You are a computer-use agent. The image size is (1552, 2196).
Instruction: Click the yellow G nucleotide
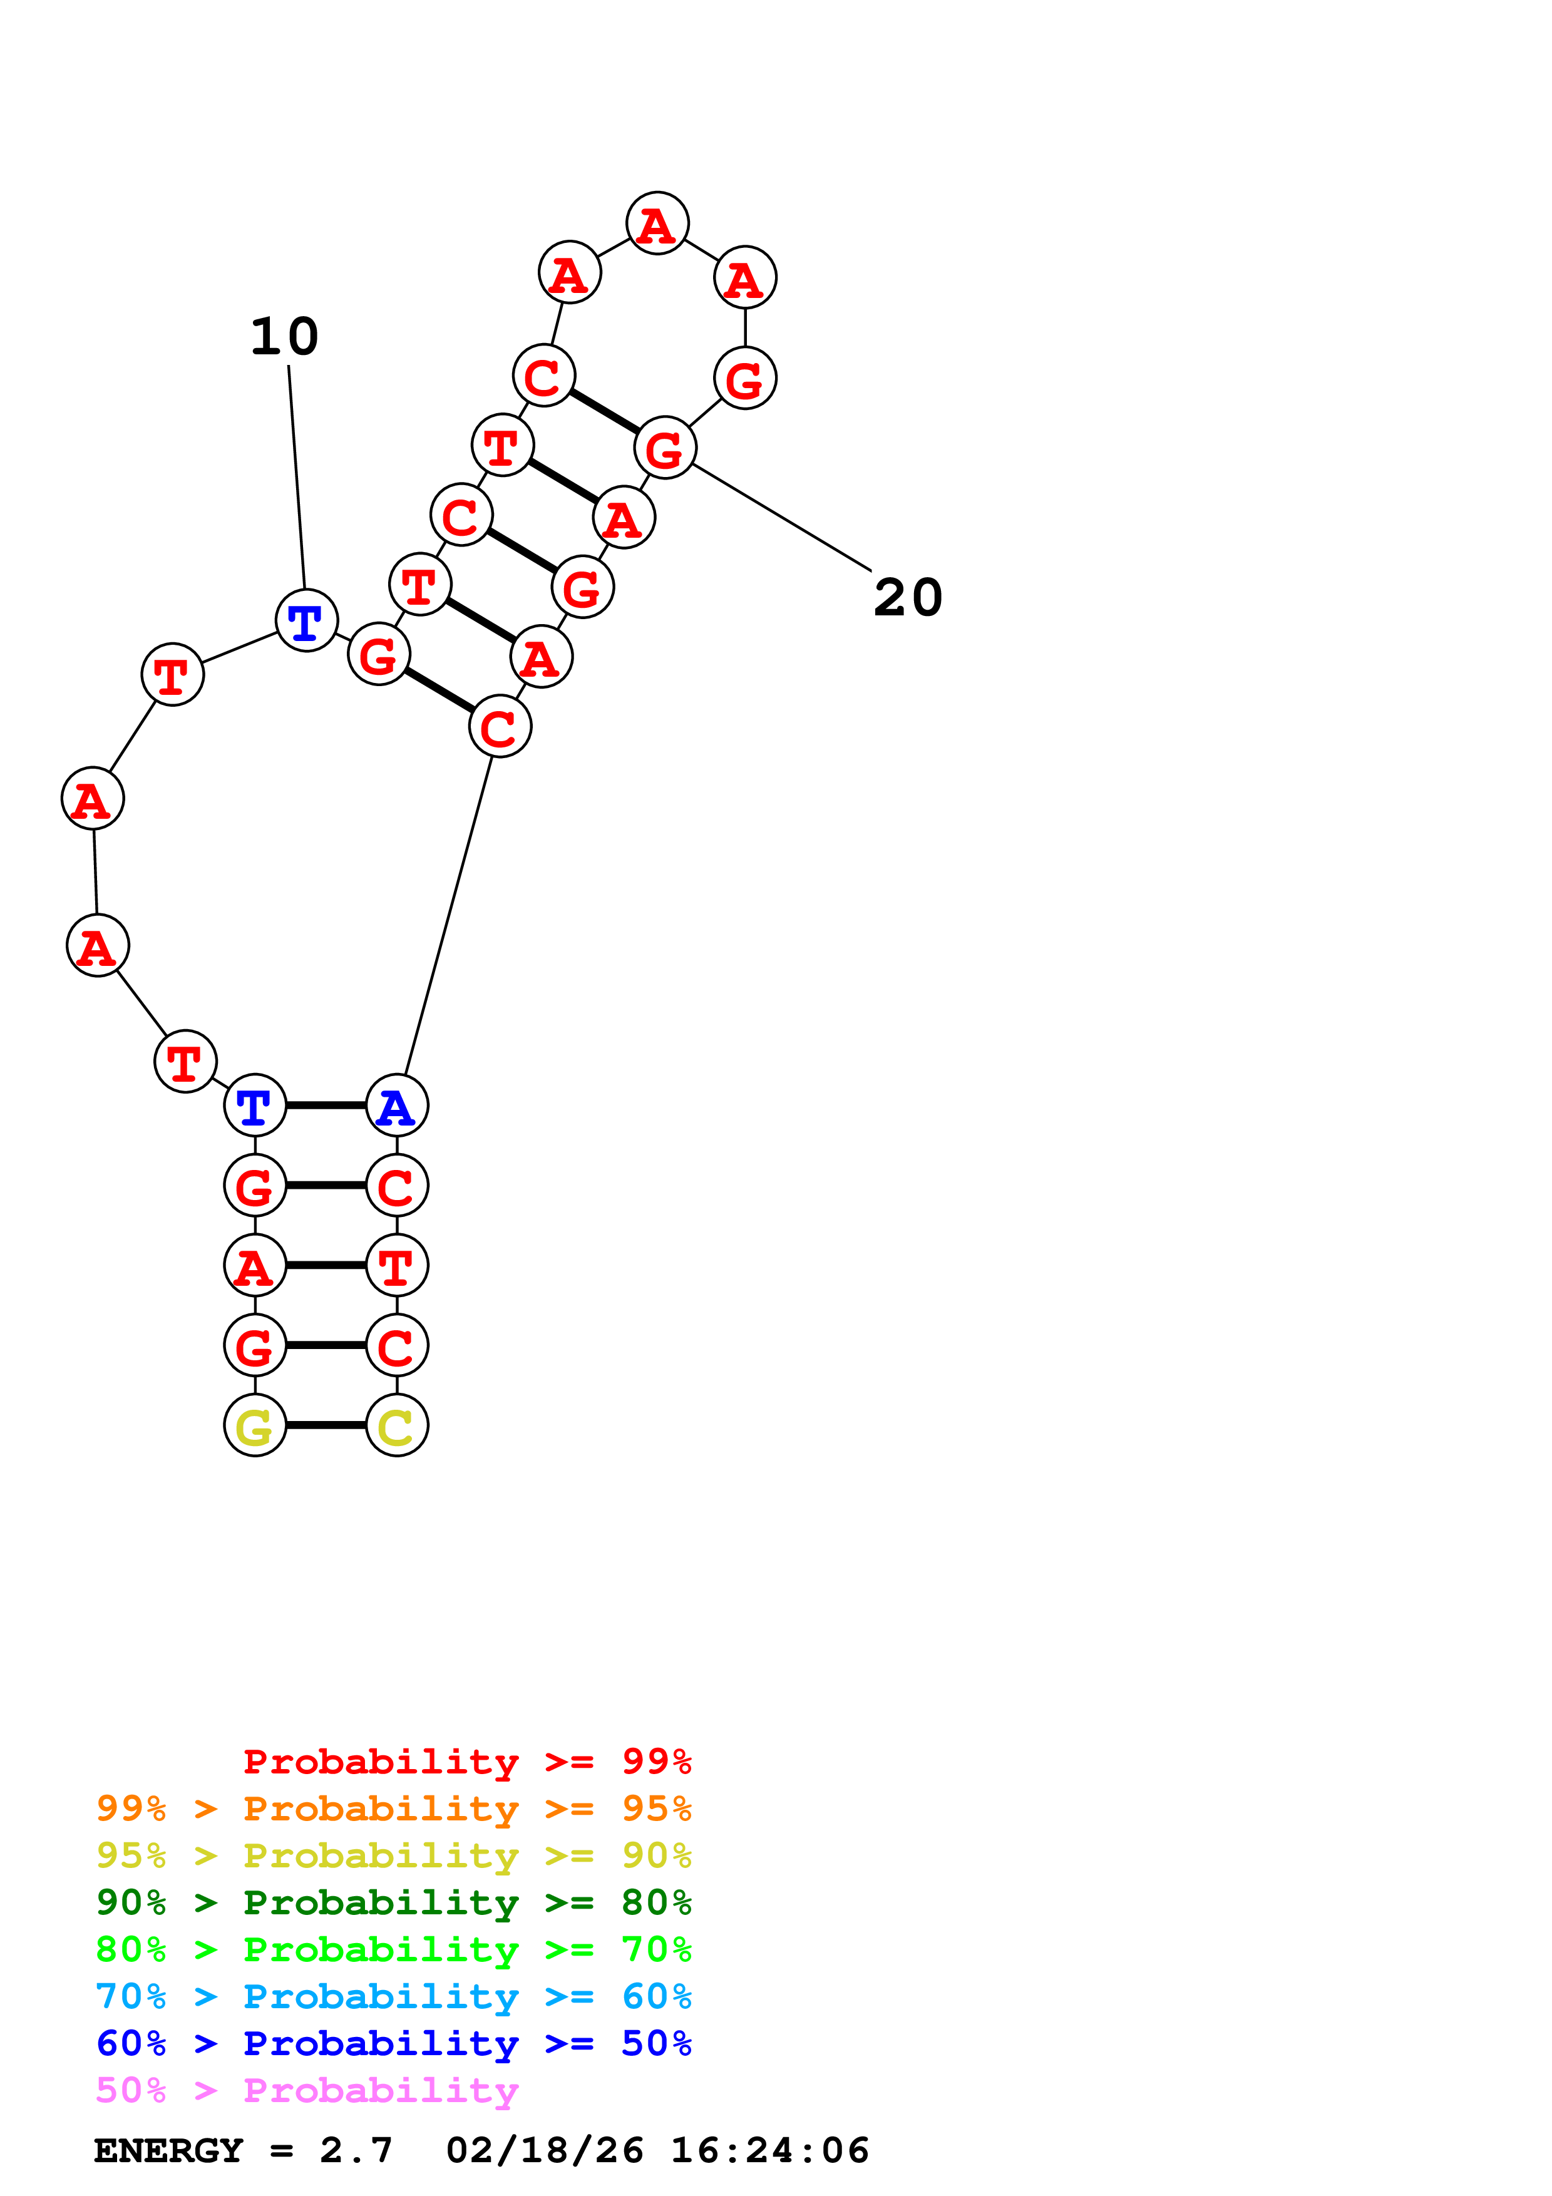(x=254, y=1426)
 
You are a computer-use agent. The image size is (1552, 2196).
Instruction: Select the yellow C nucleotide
(x=397, y=1426)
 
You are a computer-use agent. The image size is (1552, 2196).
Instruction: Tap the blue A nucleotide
(x=397, y=1106)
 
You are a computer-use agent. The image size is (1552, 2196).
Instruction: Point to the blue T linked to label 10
(x=306, y=621)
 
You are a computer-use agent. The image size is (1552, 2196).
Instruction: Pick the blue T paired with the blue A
(x=254, y=1106)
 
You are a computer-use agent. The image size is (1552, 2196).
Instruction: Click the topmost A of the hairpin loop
(x=657, y=224)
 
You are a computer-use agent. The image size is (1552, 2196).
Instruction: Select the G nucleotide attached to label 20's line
(x=666, y=448)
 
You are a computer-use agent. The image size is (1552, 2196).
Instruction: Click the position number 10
(x=284, y=337)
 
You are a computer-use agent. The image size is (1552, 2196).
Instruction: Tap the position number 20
(x=908, y=598)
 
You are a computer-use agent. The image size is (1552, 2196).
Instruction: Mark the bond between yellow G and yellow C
(x=326, y=1426)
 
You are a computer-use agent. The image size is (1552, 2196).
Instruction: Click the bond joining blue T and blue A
(x=326, y=1106)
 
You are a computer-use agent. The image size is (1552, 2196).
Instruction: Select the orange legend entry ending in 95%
(x=393, y=1809)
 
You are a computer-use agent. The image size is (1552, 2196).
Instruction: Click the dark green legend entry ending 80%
(x=393, y=1902)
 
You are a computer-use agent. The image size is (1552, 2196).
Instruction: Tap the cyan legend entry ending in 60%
(x=393, y=1996)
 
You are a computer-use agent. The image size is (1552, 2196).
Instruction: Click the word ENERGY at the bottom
(x=168, y=2150)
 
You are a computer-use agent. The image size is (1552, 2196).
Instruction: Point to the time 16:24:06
(x=770, y=2150)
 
